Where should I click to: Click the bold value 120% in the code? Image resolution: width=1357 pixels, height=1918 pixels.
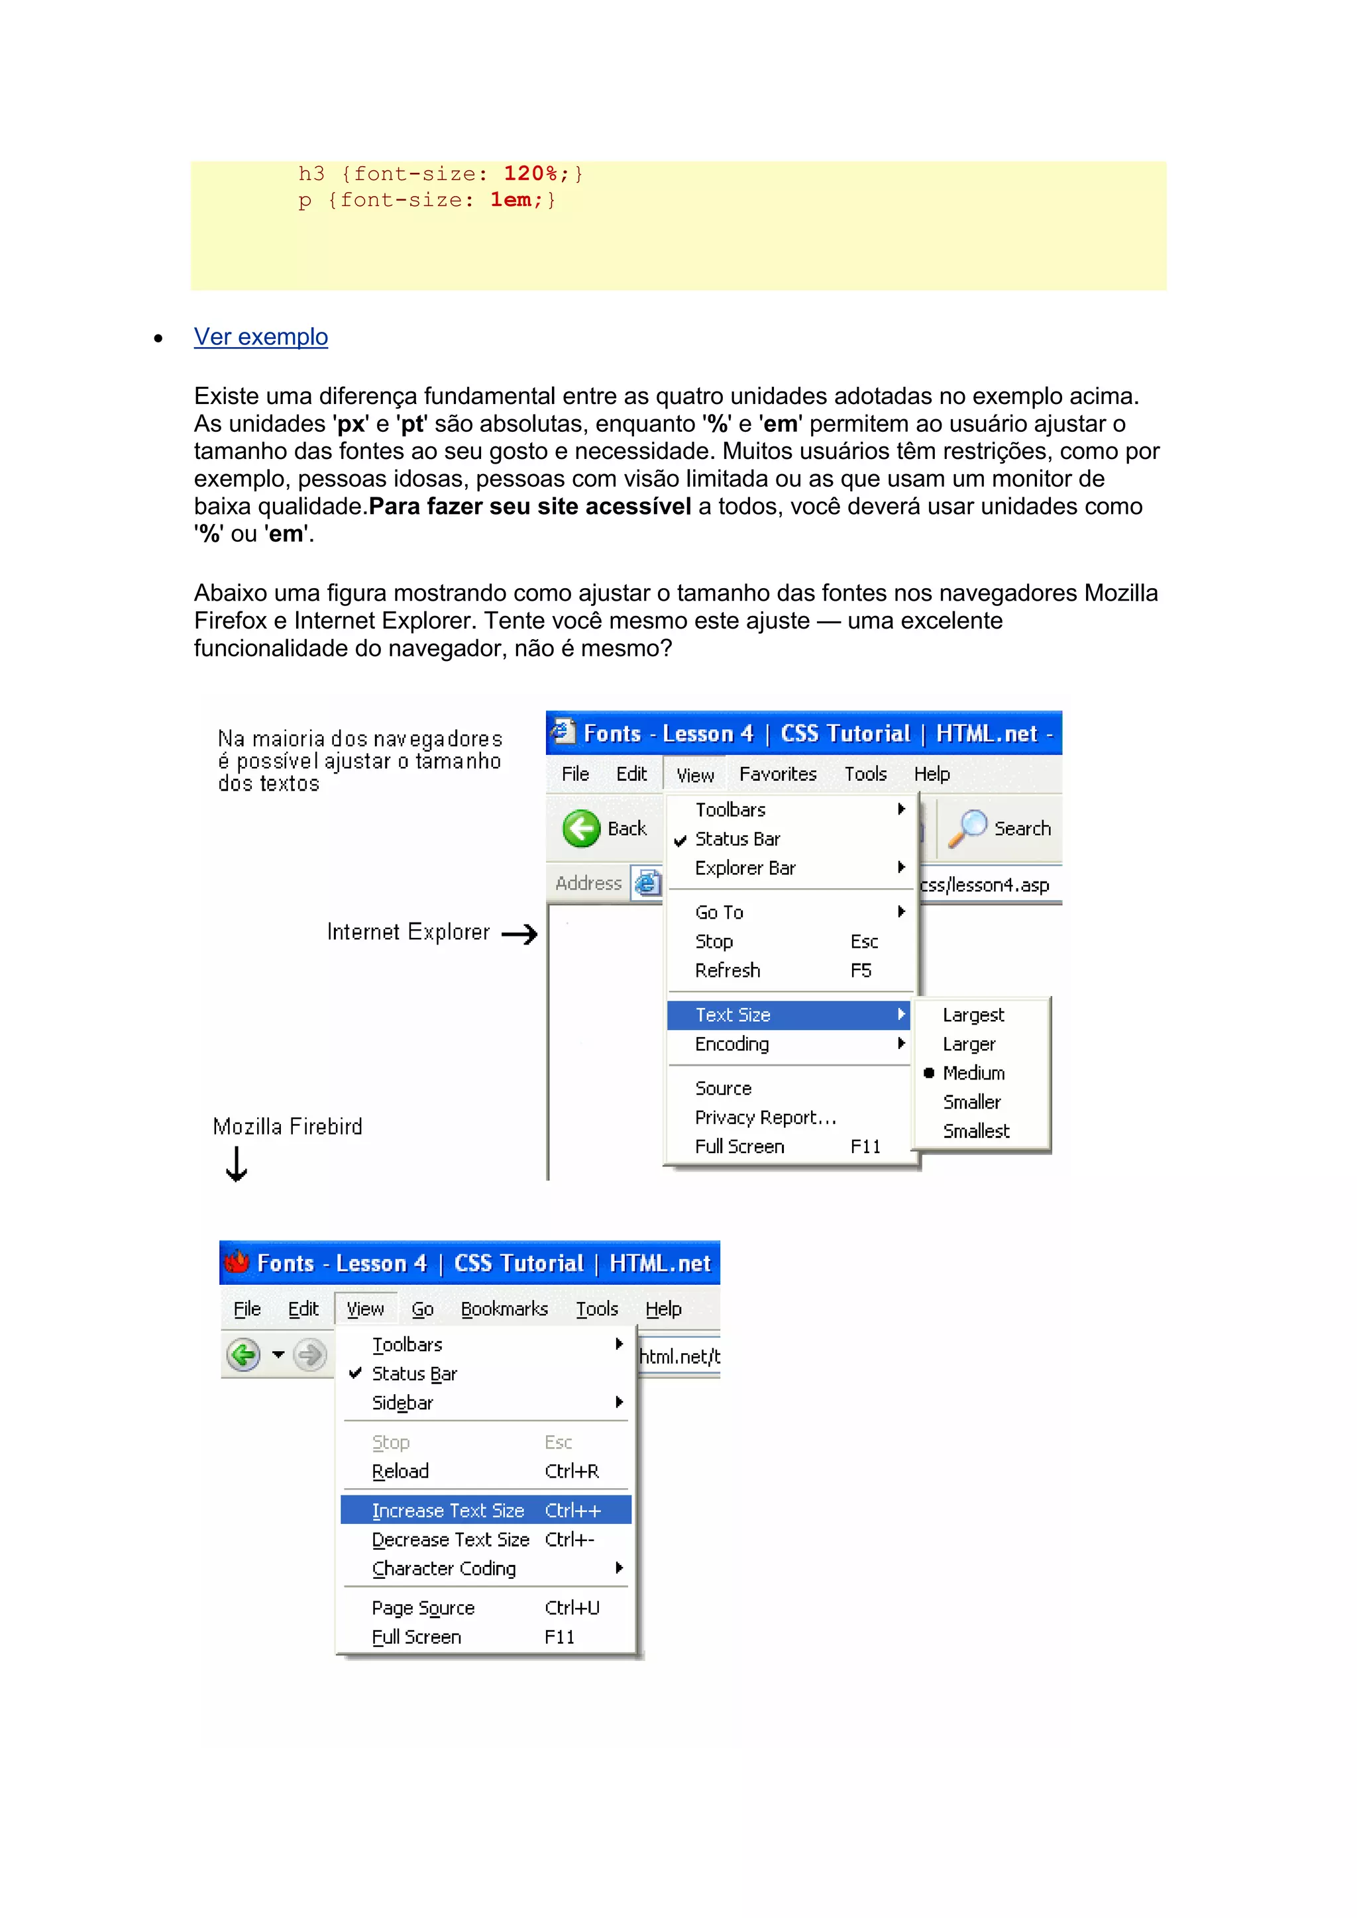click(530, 174)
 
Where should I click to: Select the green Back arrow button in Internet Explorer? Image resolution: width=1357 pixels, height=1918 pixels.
click(580, 829)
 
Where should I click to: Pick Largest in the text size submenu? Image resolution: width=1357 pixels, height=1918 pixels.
click(973, 1015)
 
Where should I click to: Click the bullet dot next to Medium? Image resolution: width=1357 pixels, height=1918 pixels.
click(928, 1074)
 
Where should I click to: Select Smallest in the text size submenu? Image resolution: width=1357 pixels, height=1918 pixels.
click(976, 1131)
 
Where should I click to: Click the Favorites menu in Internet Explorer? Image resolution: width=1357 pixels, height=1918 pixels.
click(777, 774)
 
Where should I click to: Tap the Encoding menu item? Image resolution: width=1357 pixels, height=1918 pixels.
click(732, 1044)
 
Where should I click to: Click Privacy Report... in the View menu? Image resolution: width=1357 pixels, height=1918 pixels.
click(765, 1118)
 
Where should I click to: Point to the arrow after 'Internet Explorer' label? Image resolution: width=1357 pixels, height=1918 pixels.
click(519, 934)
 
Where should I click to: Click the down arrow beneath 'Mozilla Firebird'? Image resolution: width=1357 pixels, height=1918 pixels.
click(237, 1164)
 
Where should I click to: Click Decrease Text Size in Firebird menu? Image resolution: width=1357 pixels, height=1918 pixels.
click(451, 1540)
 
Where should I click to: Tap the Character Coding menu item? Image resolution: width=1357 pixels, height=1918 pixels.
click(444, 1569)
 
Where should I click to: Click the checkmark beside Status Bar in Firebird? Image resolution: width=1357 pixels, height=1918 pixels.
click(355, 1374)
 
